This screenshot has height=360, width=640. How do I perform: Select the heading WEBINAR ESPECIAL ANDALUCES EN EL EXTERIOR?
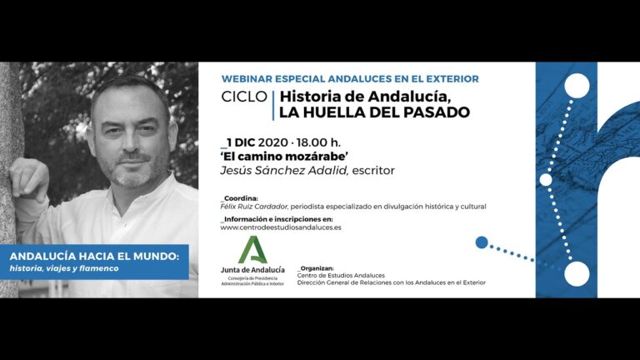pos(350,78)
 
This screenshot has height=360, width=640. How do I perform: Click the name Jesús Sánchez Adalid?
pos(286,170)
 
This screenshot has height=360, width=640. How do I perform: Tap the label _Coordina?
pos(241,198)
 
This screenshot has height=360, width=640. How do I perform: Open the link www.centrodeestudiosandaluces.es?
pos(281,227)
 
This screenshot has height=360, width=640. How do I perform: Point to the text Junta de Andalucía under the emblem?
pos(252,269)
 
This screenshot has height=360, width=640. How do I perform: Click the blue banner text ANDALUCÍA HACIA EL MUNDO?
pos(94,255)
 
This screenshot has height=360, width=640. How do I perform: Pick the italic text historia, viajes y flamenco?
pos(65,267)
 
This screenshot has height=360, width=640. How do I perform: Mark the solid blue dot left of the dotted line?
pos(481,242)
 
